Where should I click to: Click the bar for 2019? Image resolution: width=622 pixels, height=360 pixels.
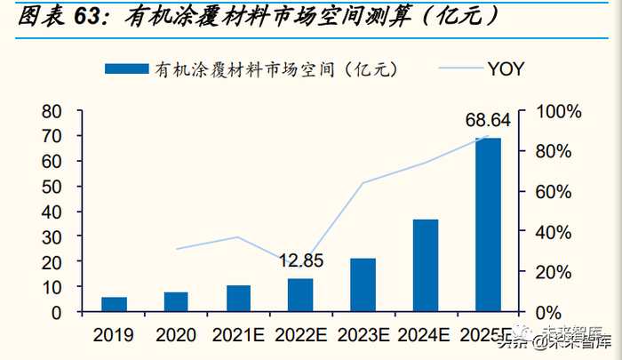[114, 304]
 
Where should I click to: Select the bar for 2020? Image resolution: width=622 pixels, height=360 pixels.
[176, 302]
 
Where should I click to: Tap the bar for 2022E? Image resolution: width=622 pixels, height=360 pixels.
[300, 295]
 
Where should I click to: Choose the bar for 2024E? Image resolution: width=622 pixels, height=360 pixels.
[426, 265]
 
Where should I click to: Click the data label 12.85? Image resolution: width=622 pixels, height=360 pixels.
[300, 261]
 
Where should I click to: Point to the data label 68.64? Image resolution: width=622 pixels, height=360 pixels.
[488, 120]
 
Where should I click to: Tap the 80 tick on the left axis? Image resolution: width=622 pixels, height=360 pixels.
[51, 111]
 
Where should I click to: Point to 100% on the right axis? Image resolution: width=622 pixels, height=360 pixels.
[557, 111]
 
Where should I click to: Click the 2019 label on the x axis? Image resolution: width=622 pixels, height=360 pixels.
[113, 335]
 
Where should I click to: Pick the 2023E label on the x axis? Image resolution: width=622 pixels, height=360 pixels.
[363, 335]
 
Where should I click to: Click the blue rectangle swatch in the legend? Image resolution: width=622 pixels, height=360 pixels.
[126, 68]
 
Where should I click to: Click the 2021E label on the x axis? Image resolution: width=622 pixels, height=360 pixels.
[238, 335]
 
